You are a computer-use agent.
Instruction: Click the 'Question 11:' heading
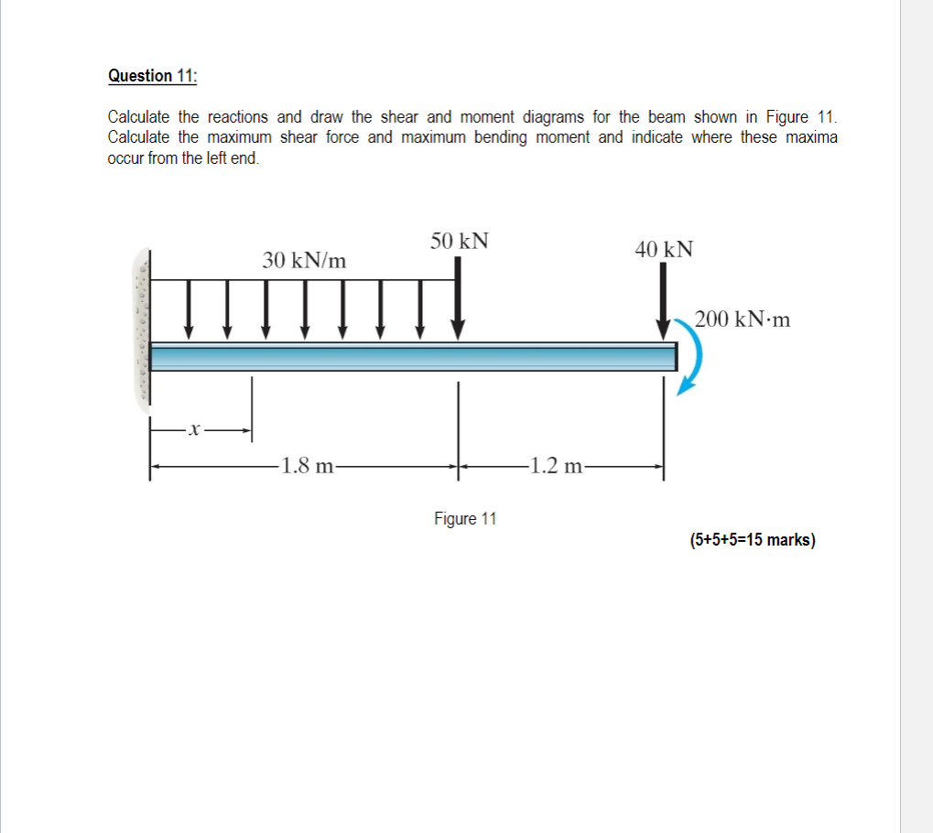pyautogui.click(x=151, y=76)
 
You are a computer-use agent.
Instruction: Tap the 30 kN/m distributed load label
pyautogui.click(x=305, y=260)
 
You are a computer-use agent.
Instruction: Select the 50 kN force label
pyautogui.click(x=460, y=241)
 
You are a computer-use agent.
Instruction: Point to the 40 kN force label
pyautogui.click(x=665, y=249)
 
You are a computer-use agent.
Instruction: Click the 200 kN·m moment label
pyautogui.click(x=742, y=319)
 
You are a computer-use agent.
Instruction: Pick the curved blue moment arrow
pyautogui.click(x=694, y=357)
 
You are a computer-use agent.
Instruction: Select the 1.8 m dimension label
pyautogui.click(x=307, y=466)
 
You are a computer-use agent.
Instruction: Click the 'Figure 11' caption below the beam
pyautogui.click(x=465, y=519)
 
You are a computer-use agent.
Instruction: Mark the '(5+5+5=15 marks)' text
pyautogui.click(x=753, y=539)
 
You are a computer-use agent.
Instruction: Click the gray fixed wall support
pyautogui.click(x=141, y=327)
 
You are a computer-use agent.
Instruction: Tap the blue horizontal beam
pyautogui.click(x=412, y=356)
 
